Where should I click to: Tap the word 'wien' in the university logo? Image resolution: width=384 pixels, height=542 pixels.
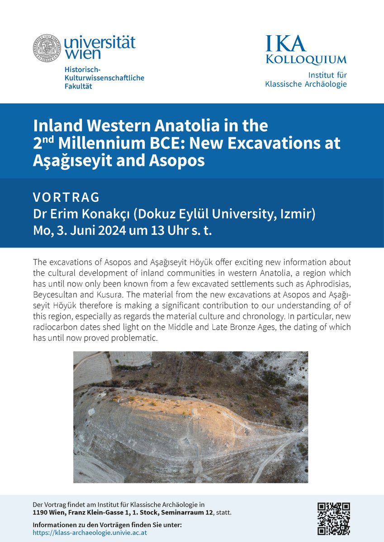tap(80, 54)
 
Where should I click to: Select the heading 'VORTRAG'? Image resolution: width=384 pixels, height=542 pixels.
tap(66, 197)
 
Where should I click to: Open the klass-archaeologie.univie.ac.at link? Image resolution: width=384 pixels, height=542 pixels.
tap(90, 533)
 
